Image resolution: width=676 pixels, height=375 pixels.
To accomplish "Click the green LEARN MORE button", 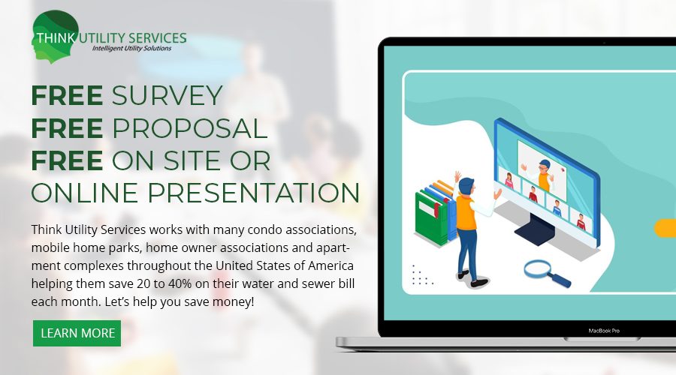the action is (x=77, y=333).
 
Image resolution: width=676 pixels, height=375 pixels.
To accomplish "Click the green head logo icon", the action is (x=55, y=37).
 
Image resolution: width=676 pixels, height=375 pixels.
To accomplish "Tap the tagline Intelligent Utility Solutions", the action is (x=131, y=48).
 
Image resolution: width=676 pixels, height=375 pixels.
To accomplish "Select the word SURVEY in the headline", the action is (x=167, y=95).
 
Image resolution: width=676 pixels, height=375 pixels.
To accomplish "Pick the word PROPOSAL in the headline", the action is (x=190, y=128).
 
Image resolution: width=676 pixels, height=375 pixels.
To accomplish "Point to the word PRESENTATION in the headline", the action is (x=254, y=193).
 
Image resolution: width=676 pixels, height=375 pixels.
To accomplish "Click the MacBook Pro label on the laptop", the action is (x=604, y=331).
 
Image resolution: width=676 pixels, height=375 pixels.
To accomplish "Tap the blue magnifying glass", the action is (x=547, y=273).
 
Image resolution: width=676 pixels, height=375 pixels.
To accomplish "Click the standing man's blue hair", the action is (x=466, y=185).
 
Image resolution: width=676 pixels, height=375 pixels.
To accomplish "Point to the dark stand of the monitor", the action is (x=536, y=229).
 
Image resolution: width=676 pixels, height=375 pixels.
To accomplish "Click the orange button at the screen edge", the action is (x=665, y=228).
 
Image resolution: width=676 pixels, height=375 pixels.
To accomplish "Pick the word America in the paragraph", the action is (x=330, y=265).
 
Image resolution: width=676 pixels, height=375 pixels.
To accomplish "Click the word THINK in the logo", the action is (x=55, y=38).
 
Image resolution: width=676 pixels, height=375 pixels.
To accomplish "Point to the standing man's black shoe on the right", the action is (x=479, y=283).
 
